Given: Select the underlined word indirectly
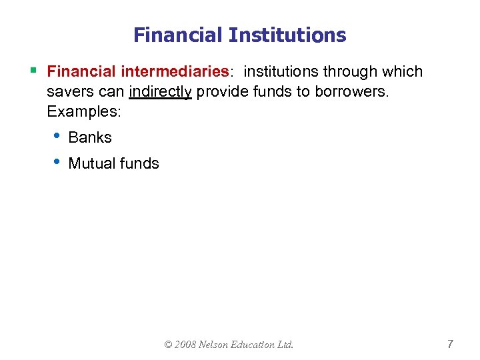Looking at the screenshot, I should (161, 92).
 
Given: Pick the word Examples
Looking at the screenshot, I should (84, 111).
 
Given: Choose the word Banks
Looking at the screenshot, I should (90, 137).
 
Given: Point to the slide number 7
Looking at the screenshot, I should (450, 344).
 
